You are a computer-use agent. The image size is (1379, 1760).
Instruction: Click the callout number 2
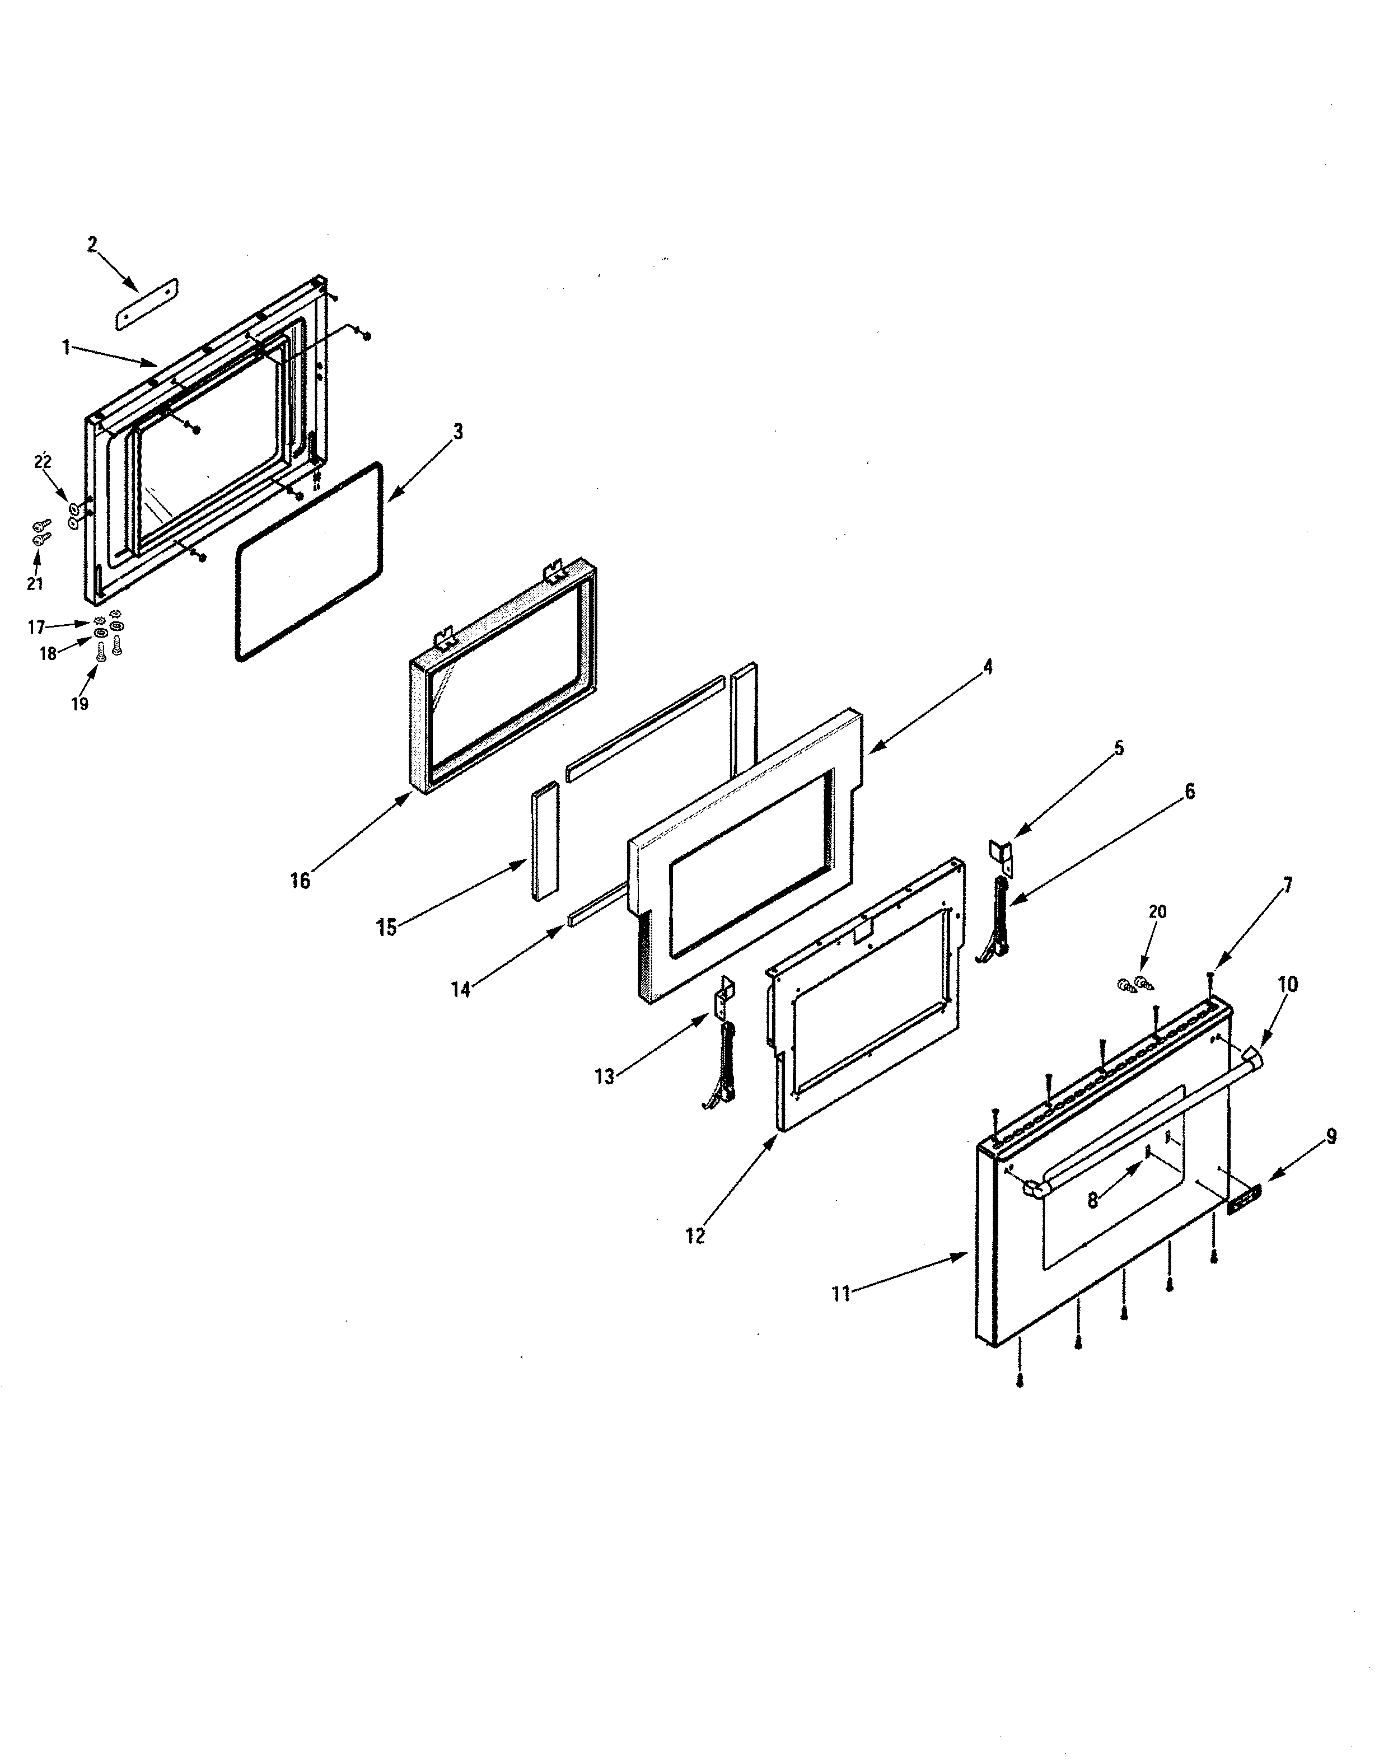(x=92, y=244)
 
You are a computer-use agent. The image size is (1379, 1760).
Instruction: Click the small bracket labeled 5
(x=1001, y=854)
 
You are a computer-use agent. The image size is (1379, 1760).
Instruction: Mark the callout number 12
(x=695, y=1235)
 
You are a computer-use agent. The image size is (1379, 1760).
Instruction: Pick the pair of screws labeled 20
(x=1134, y=984)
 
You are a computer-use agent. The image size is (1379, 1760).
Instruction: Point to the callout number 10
(x=1288, y=984)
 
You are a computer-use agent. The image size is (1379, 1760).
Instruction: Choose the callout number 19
(x=79, y=703)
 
